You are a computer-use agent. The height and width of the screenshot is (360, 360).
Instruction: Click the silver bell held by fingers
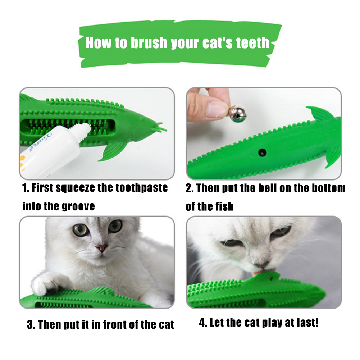(x=238, y=113)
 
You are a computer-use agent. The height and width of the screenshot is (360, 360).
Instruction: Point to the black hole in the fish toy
(x=262, y=152)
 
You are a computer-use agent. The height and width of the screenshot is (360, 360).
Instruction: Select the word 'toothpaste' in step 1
(x=141, y=188)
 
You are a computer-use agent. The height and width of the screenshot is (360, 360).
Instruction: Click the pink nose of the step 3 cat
(x=101, y=247)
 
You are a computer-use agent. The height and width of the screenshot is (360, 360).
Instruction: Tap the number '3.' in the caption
(x=31, y=325)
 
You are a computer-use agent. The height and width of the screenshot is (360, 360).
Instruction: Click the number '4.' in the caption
(x=203, y=323)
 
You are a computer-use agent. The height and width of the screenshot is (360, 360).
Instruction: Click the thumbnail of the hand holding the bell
(x=264, y=133)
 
